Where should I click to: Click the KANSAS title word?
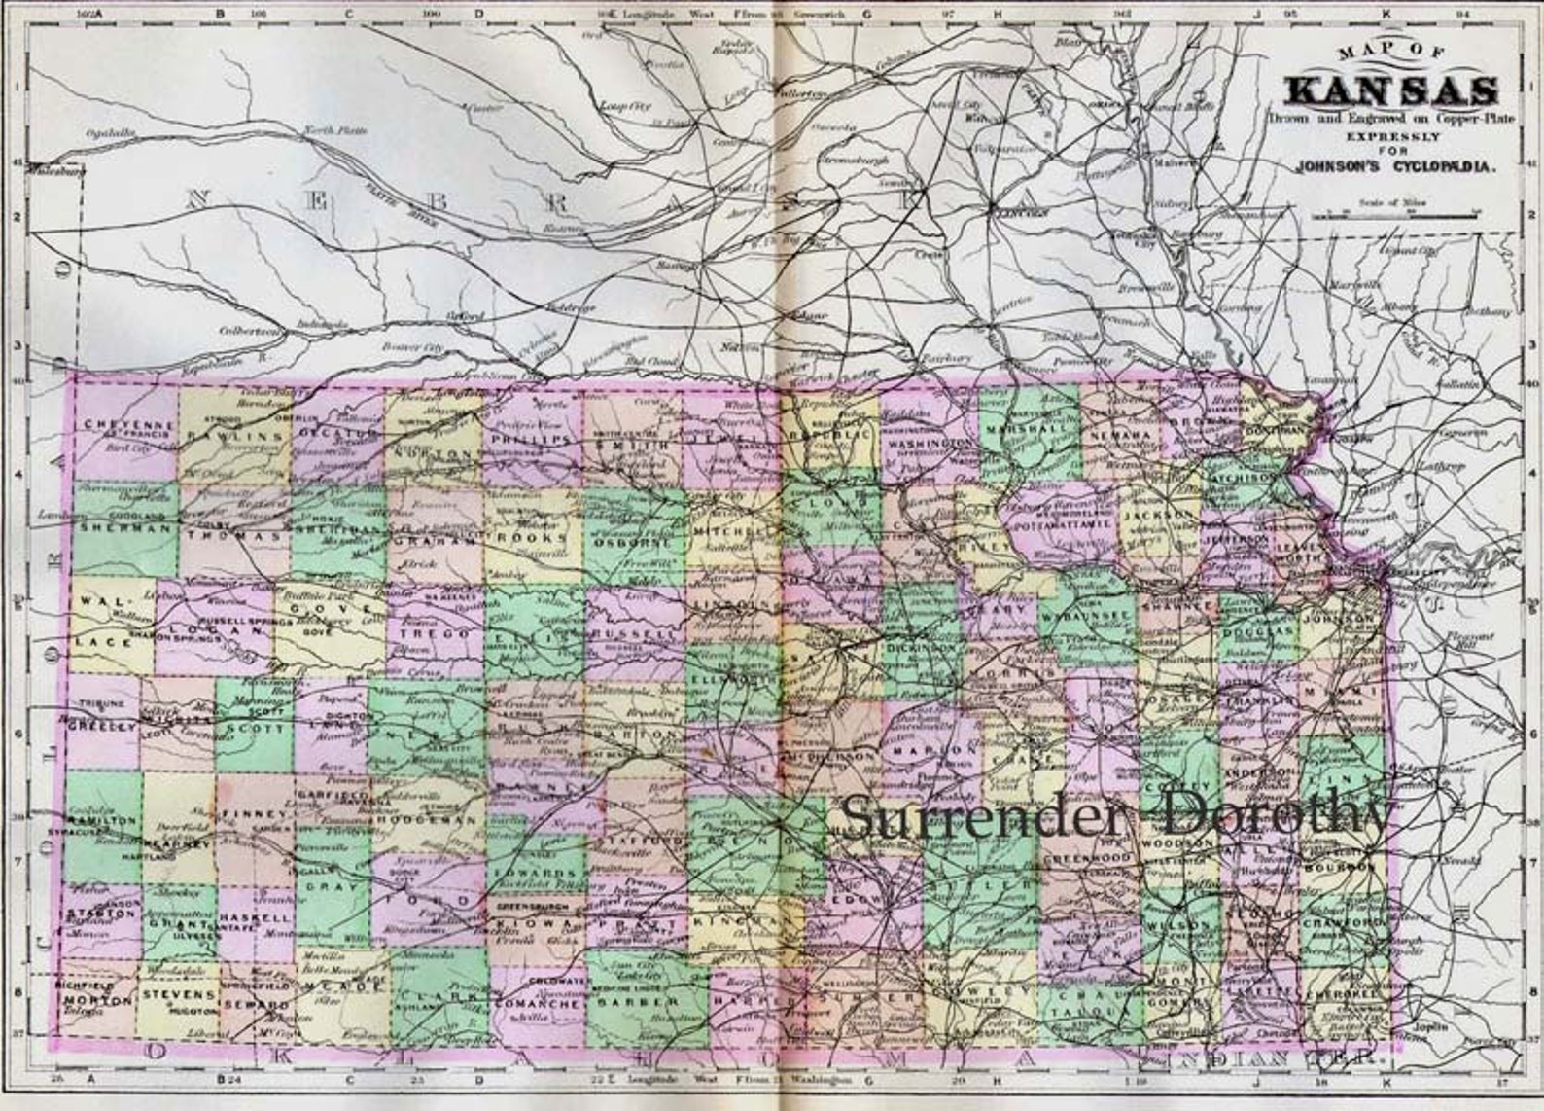[1390, 90]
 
